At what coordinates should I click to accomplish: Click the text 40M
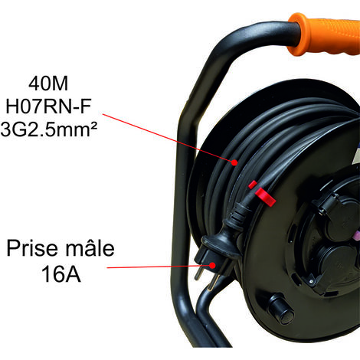coord(48,83)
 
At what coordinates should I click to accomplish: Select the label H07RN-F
coord(48,106)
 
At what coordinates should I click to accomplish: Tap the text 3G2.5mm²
coord(49,129)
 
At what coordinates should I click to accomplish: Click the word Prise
coord(32,248)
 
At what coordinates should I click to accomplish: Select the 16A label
coord(61,274)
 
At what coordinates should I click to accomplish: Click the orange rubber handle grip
coord(324,35)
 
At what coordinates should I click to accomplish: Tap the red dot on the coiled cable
coord(234,162)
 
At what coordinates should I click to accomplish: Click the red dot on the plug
coord(212,265)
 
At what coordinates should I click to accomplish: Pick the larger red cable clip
coord(266,197)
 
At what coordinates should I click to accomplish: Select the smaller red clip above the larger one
coord(253,185)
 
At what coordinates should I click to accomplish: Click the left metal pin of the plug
coord(198,273)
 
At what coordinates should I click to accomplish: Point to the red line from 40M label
coord(168,138)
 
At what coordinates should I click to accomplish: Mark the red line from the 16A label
coord(159,267)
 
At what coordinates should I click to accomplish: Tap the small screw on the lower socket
coord(311,281)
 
